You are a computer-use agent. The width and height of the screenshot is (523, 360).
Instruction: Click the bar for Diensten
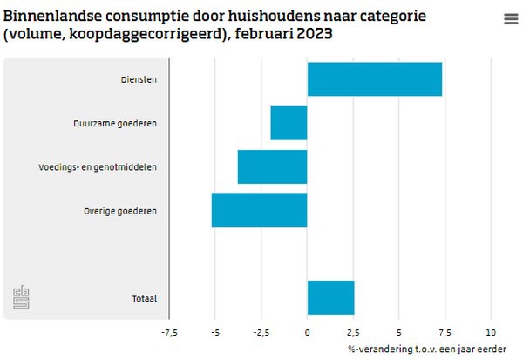click(x=375, y=79)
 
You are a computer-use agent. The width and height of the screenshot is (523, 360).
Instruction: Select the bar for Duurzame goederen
click(x=289, y=123)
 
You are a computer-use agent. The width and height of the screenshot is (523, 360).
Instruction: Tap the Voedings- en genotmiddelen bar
click(x=272, y=166)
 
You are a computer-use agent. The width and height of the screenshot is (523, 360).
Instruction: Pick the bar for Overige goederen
click(x=259, y=210)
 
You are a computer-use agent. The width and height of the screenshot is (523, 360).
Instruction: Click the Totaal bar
click(x=330, y=297)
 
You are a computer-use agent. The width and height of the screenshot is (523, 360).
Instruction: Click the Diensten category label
click(x=139, y=80)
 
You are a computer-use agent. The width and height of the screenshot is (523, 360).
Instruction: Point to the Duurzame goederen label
click(x=115, y=124)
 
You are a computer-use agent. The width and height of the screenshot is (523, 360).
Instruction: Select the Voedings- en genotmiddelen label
click(x=98, y=167)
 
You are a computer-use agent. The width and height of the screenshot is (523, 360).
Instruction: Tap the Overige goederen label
click(x=120, y=211)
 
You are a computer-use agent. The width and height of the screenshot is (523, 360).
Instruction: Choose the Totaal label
click(x=143, y=298)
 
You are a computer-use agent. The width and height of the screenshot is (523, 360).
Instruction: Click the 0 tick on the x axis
click(x=307, y=333)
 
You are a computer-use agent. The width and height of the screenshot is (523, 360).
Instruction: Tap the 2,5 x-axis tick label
click(x=353, y=333)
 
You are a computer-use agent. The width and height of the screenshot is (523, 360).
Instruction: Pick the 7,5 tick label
click(x=445, y=333)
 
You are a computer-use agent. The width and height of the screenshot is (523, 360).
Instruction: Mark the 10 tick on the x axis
click(x=491, y=333)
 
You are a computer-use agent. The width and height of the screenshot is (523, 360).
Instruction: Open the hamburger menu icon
click(x=510, y=19)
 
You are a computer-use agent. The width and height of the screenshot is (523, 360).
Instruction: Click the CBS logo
click(x=21, y=297)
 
